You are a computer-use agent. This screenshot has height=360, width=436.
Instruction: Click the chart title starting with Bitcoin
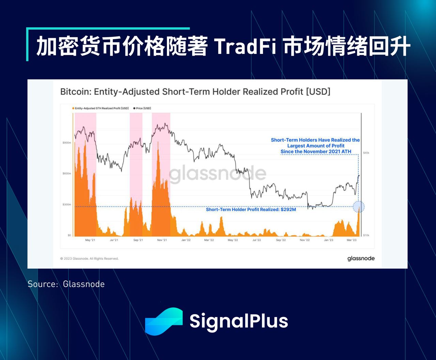pos(195,92)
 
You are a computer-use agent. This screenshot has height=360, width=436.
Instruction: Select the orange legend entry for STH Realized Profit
pos(100,108)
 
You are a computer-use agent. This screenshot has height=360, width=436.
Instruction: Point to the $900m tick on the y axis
pos(67,142)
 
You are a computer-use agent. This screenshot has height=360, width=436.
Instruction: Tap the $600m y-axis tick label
pos(67,174)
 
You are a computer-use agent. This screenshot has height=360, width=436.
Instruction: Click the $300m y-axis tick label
pos(67,205)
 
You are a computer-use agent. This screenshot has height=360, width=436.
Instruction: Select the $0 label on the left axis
pos(69,235)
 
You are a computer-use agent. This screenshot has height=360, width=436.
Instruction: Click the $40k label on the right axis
pos(366,153)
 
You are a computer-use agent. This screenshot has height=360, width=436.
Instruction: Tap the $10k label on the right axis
pos(366,235)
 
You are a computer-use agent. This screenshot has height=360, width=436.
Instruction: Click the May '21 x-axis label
pos(90,240)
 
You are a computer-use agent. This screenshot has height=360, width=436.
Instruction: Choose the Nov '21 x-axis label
pos(162,240)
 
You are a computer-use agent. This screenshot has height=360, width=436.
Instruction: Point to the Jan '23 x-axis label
pos(328,240)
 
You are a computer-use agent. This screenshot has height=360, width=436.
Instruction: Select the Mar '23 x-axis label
pos(352,240)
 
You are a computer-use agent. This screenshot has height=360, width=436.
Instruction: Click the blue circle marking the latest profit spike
pos(359,207)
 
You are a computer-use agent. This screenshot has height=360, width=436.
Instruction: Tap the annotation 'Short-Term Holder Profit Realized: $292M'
pos(251,210)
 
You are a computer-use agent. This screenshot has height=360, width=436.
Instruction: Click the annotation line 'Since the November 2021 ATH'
pos(316,152)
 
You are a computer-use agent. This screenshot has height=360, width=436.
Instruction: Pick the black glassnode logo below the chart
pos(361,258)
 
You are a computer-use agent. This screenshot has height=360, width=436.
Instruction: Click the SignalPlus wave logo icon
pos(164,321)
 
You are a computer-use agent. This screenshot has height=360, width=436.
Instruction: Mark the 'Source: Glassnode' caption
pos(66,284)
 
